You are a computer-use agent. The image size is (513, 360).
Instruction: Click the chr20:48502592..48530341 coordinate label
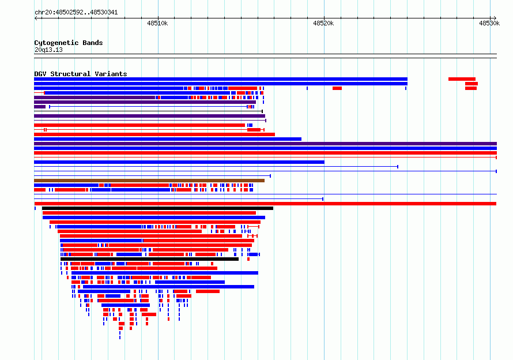pos(76,12)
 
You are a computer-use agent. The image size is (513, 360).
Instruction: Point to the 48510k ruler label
pos(157,23)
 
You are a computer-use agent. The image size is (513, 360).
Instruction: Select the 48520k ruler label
pos(323,23)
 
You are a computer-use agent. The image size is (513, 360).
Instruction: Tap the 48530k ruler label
pos(489,23)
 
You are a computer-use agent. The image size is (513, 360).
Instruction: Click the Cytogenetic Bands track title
pos(69,43)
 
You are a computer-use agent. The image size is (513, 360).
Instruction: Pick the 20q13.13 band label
pos(48,50)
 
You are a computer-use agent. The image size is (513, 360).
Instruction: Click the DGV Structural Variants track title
pos(81,74)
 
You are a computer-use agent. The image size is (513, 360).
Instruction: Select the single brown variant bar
pos(149,181)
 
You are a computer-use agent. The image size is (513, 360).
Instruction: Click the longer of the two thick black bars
pos(157,208)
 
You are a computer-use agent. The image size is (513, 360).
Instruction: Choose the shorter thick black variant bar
pos(149,259)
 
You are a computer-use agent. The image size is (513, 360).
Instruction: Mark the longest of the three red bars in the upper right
pos(462,79)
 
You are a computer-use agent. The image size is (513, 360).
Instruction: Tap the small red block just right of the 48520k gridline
pos(337,88)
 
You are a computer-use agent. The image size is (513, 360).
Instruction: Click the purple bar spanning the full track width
pos(265,144)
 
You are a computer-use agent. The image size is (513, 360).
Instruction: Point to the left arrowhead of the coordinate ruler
pos(35,18)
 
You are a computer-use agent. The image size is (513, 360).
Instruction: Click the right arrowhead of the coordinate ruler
pos(495,18)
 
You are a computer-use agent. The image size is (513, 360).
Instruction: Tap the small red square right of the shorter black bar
pos(248,259)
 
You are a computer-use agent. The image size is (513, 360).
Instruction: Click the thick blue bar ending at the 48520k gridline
pos(179,162)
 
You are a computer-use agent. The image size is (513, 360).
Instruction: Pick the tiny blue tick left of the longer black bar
pos(35,208)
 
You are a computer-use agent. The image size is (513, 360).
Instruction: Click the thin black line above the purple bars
pos(148,111)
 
